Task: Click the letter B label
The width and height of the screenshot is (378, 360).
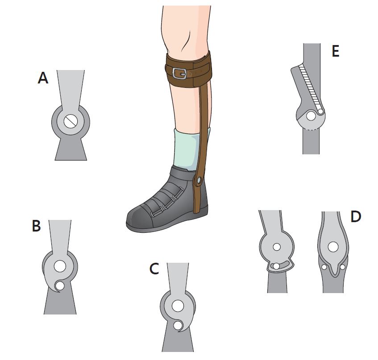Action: tap(36, 226)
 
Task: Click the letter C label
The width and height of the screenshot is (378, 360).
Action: tap(154, 269)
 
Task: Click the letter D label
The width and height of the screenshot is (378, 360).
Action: tap(356, 216)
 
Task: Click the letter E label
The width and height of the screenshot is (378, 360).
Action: tap(336, 51)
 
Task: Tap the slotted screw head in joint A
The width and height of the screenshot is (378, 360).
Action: tap(71, 121)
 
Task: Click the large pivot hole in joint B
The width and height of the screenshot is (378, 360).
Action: tap(60, 266)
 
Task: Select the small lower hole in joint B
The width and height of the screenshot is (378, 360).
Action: tap(60, 286)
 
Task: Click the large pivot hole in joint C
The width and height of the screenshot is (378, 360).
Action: tap(178, 306)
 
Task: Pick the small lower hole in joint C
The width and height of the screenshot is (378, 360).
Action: tap(178, 326)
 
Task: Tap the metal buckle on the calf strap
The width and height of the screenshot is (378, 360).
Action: tap(179, 73)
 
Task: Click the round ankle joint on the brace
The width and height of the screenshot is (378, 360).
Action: tap(199, 180)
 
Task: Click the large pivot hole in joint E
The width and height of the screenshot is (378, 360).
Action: tap(311, 116)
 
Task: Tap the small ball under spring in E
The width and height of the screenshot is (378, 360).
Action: tap(320, 112)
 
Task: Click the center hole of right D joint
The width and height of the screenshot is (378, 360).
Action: tap(333, 247)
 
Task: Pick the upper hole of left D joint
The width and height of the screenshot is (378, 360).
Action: tap(277, 247)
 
